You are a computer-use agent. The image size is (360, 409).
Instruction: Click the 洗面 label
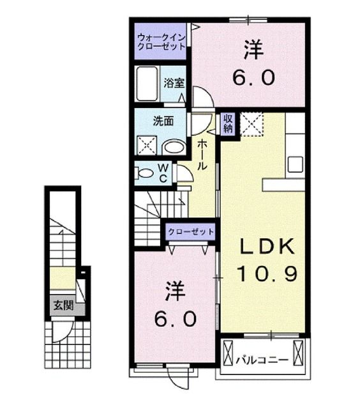click(160, 119)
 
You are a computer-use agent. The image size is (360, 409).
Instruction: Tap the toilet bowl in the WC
click(144, 173)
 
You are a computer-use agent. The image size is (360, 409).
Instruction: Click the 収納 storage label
click(228, 123)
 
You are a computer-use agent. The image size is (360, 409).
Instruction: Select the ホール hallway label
click(201, 154)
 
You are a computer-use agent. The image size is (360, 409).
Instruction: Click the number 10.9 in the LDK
click(267, 275)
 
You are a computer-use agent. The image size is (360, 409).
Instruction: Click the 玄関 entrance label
click(63, 306)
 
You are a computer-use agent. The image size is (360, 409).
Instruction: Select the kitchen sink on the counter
click(295, 164)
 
